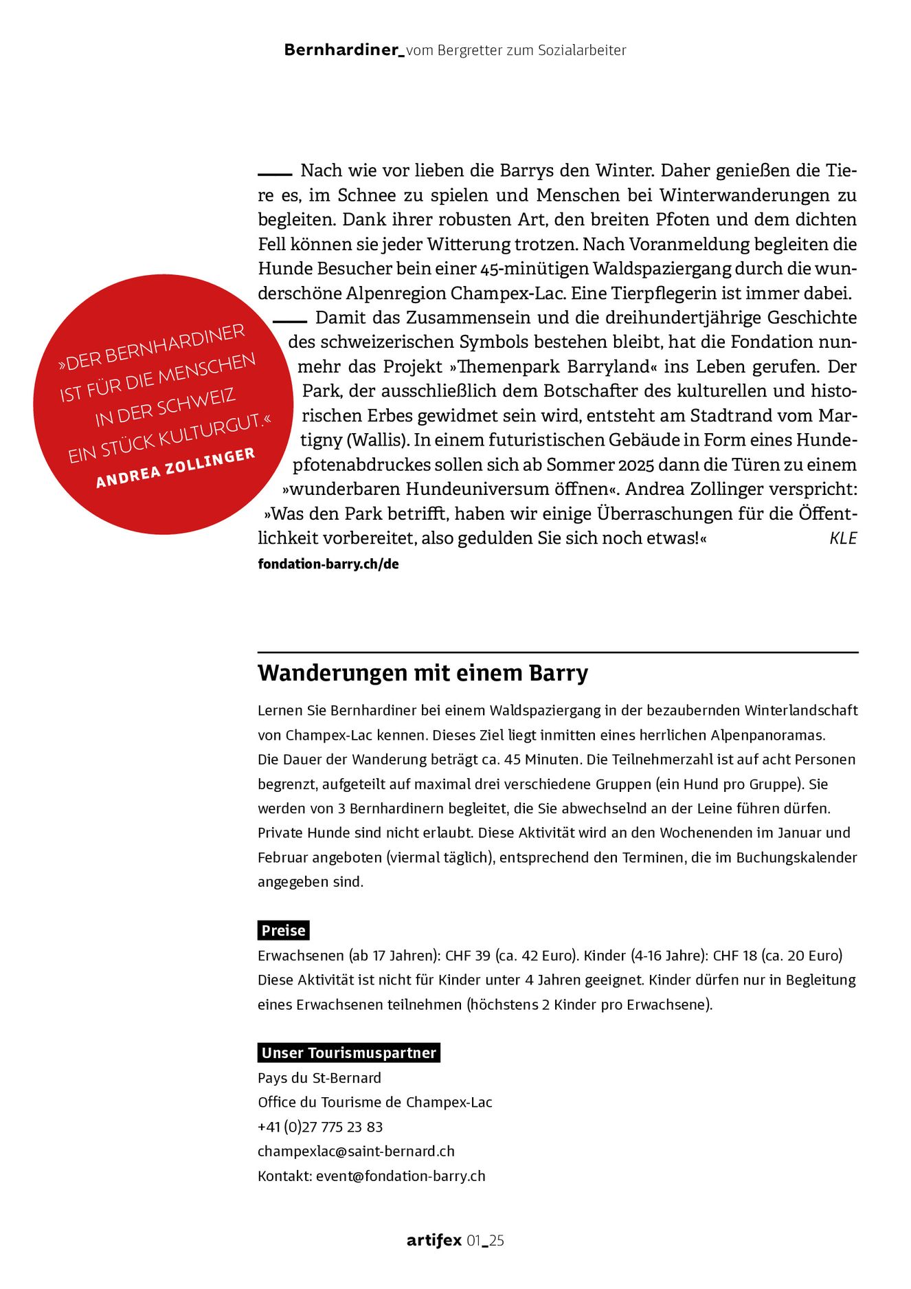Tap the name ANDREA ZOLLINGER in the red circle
click(176, 467)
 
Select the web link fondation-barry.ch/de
click(328, 564)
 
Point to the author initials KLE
click(843, 538)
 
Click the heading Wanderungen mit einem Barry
click(423, 672)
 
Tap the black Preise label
click(283, 930)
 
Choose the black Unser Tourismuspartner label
click(348, 1053)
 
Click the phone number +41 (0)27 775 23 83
click(320, 1127)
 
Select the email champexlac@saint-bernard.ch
click(356, 1151)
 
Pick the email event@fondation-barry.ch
click(401, 1176)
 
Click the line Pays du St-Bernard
click(319, 1077)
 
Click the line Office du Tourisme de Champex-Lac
click(375, 1102)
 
